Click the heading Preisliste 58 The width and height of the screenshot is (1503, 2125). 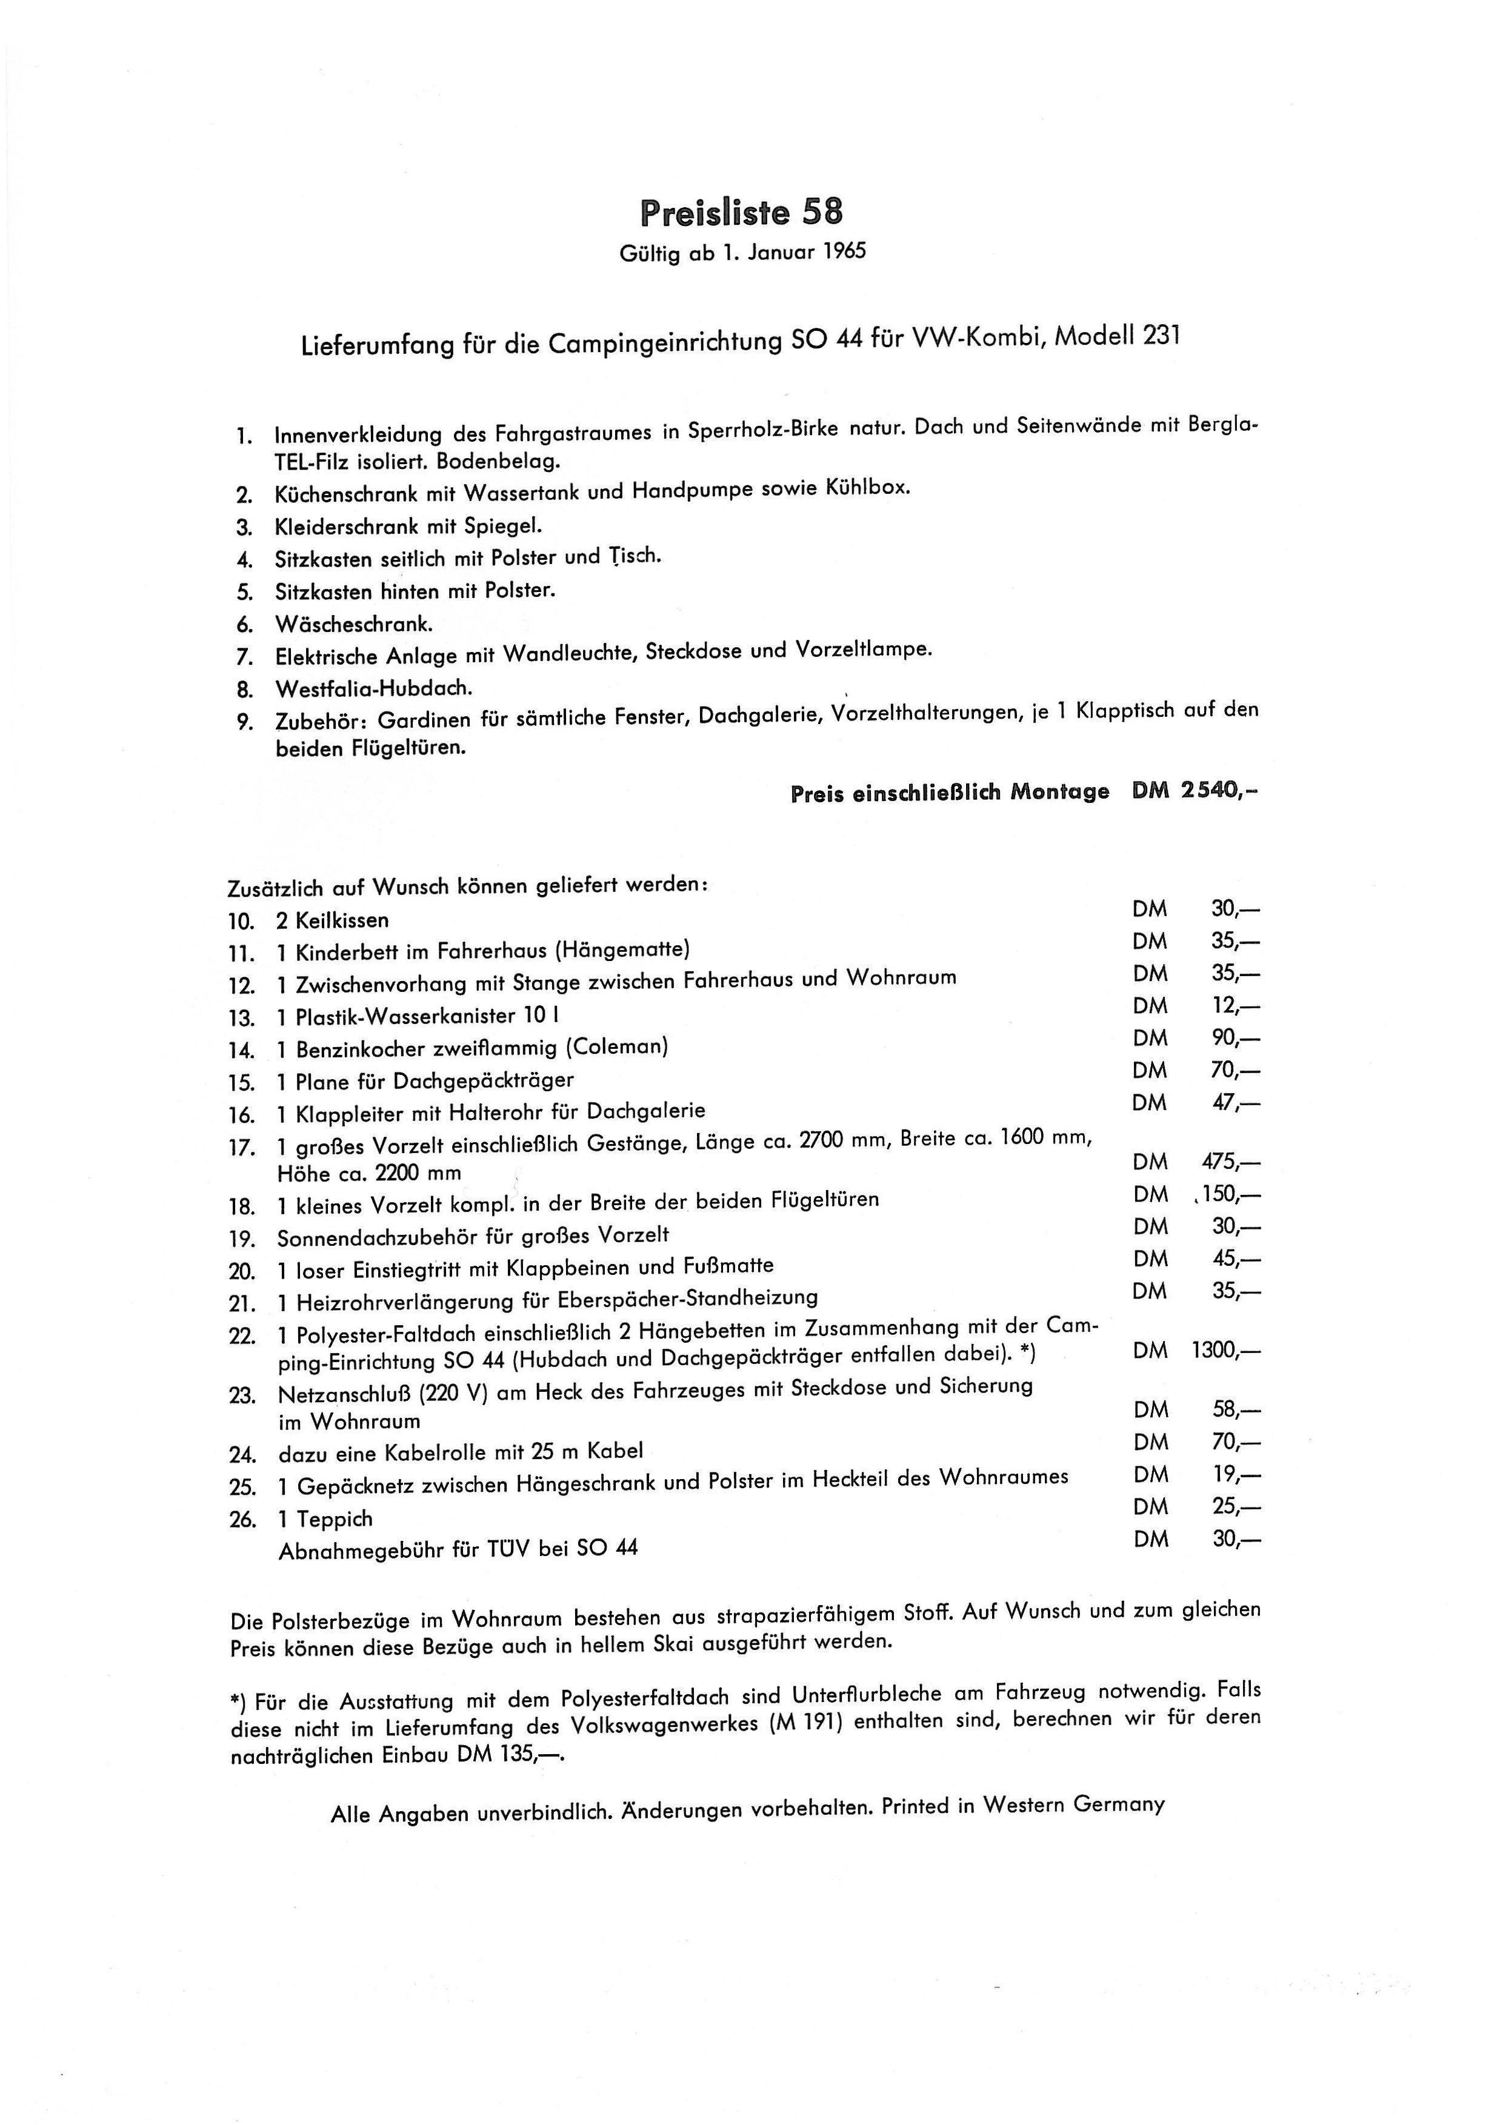pyautogui.click(x=741, y=213)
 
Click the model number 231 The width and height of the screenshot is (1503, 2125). pyautogui.click(x=1162, y=335)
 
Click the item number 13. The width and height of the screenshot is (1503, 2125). pyautogui.click(x=242, y=1018)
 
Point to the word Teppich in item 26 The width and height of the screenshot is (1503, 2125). pyautogui.click(x=335, y=1519)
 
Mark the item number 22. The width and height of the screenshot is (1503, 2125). pyautogui.click(x=242, y=1335)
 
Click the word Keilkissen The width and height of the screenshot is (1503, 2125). pyautogui.click(x=342, y=920)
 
